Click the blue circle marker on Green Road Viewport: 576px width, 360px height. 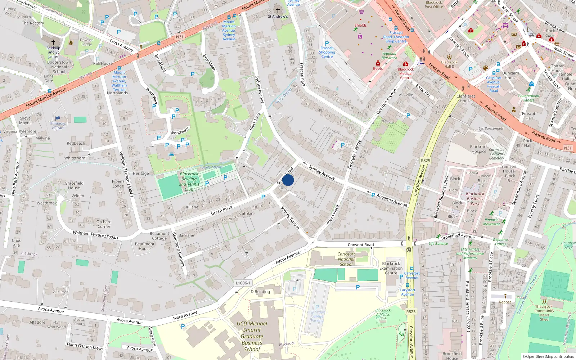288,180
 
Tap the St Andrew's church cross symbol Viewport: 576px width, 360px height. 278,10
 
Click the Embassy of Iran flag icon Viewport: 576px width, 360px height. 58,118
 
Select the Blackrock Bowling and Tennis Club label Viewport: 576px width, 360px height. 189,181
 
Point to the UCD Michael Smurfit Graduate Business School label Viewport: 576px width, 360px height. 252,336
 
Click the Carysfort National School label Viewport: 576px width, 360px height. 346,259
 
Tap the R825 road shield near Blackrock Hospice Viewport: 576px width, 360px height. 425,161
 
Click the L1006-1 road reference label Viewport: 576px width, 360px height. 243,283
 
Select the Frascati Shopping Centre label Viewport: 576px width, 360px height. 327,52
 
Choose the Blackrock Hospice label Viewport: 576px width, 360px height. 479,149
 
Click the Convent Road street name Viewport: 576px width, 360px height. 361,245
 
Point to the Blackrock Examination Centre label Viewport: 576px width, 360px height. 391,268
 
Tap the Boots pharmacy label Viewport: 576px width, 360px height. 378,68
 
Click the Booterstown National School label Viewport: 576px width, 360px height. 59,67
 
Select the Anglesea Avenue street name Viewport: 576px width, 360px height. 392,200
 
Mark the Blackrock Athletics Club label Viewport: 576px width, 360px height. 383,314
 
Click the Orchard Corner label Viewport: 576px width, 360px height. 104,224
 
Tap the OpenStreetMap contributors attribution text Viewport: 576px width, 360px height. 548,356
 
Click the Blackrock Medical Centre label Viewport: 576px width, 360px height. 406,73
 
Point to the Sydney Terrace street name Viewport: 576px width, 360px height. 290,217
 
